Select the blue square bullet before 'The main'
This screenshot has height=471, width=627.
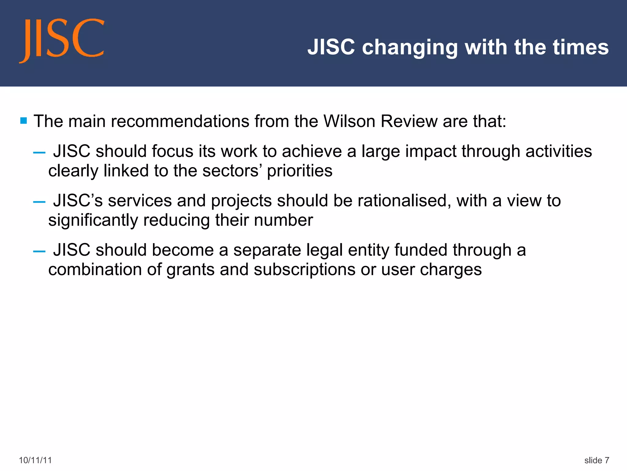[x=24, y=121]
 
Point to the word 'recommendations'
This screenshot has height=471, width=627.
[x=180, y=121]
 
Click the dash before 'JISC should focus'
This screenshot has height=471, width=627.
[x=39, y=152]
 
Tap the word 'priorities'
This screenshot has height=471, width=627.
[x=299, y=171]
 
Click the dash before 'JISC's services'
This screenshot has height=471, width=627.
[x=39, y=202]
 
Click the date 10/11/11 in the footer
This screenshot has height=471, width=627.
[x=35, y=460]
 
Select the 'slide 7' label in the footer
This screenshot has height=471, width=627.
[x=597, y=460]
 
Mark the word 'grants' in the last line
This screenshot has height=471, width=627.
[x=190, y=270]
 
